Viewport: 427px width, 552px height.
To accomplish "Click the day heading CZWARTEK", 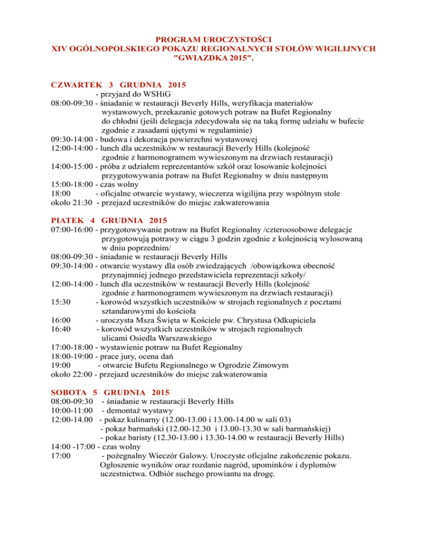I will click(x=75, y=85).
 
